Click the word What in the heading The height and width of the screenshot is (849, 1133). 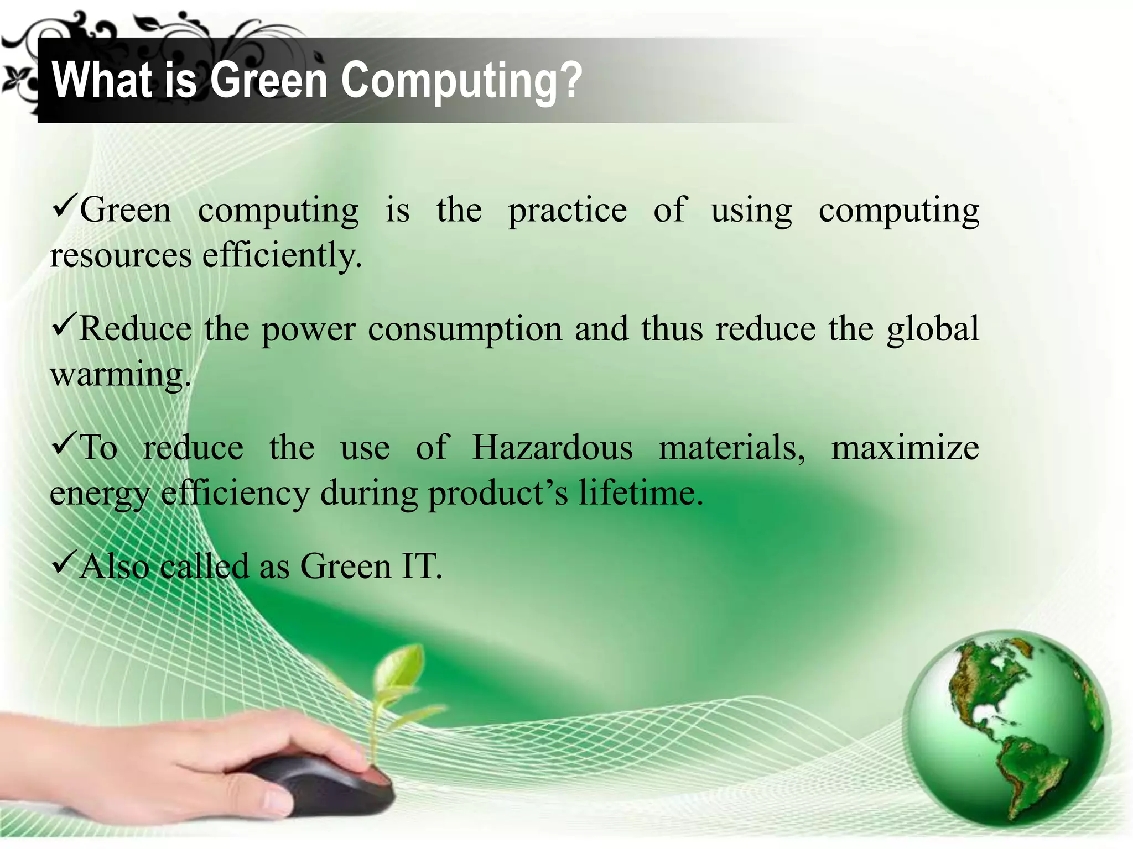(x=102, y=81)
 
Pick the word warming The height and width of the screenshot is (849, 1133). (x=119, y=375)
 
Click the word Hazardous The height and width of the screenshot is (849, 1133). (x=552, y=447)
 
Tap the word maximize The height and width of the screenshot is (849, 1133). (x=905, y=447)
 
